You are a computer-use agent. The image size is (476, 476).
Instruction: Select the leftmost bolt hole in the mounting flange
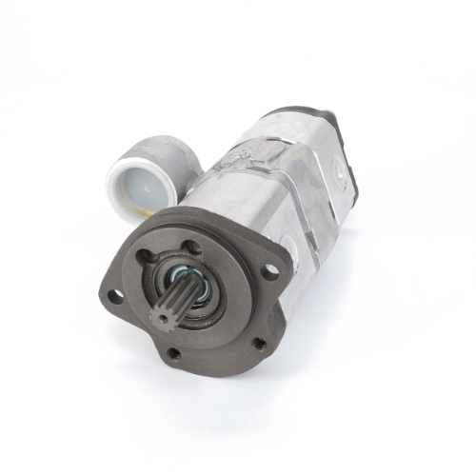click(115, 296)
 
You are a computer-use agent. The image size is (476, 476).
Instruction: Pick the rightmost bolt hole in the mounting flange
click(271, 271)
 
